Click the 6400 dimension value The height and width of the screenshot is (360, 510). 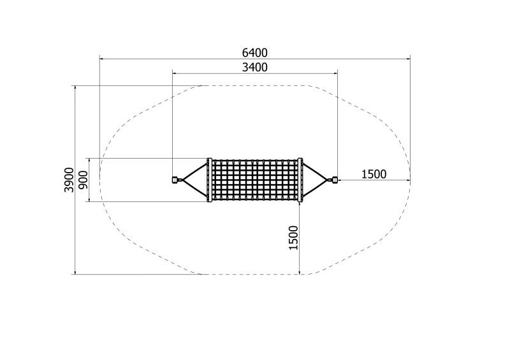tap(254, 52)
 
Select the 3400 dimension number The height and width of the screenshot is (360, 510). tap(254, 68)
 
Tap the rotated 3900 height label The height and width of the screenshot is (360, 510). tap(69, 180)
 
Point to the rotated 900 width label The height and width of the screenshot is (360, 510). tap(84, 180)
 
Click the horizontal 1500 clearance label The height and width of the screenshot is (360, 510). tap(374, 175)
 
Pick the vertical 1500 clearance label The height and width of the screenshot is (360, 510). tap(293, 238)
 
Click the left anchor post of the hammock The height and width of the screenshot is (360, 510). tap(175, 180)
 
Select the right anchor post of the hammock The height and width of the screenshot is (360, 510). tap(335, 180)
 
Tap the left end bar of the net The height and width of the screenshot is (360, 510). tap(210, 180)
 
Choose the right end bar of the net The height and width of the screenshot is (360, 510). tap(300, 180)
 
